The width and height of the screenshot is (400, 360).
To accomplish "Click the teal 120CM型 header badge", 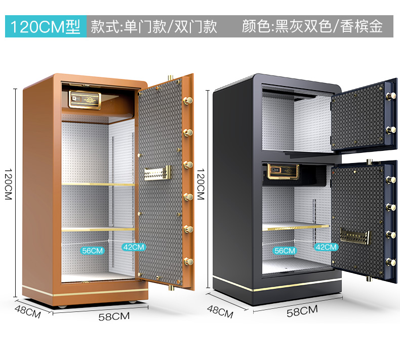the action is click(46, 26).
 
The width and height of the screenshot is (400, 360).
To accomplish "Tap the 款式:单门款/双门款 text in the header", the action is click(154, 26).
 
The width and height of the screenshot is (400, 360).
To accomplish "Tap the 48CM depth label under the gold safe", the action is click(27, 311).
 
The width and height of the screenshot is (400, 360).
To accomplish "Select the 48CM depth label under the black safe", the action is click(220, 311).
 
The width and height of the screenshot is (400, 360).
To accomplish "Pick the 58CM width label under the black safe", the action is click(303, 311).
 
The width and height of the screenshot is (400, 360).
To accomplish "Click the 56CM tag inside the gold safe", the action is click(92, 250).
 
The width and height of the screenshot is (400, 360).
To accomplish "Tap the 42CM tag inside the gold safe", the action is click(134, 247).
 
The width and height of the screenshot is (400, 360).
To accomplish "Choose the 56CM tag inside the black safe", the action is click(285, 250).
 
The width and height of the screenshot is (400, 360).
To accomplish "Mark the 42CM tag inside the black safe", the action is click(326, 247).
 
